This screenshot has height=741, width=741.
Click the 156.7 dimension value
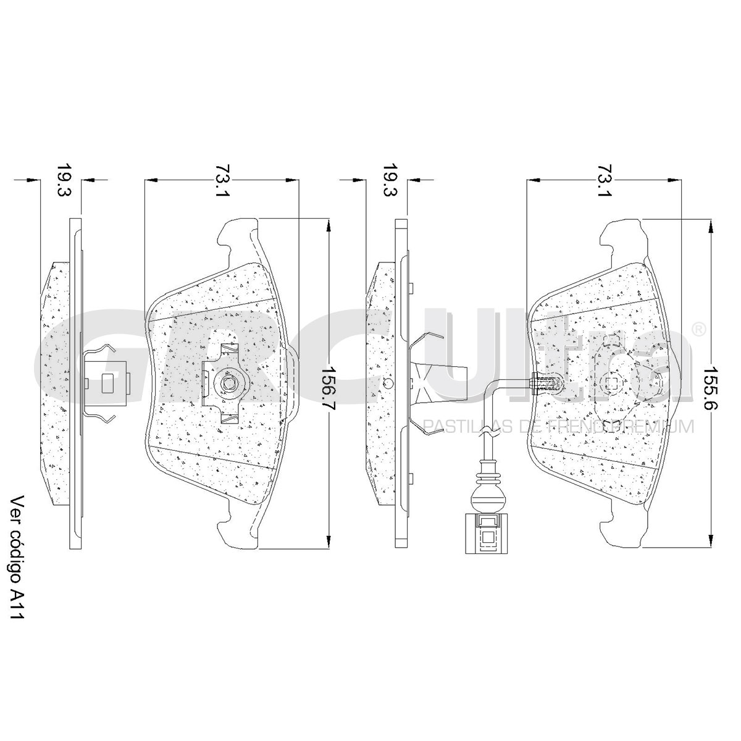[329, 389]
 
